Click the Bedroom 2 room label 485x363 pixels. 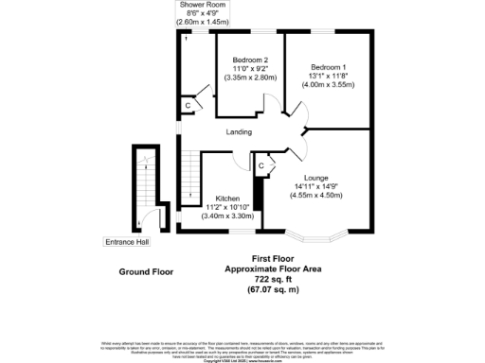251,60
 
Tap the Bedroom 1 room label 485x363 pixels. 328,66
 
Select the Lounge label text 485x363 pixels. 315,177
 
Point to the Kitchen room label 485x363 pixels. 227,199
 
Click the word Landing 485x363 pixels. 239,132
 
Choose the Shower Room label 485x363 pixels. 204,5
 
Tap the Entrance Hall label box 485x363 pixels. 126,242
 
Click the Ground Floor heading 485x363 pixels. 146,272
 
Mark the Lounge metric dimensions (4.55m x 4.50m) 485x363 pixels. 315,196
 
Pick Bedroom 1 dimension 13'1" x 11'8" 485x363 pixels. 328,76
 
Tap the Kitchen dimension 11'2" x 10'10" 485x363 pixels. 227,208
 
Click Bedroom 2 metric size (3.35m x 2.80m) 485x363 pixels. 251,78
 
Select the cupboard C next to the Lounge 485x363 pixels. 261,166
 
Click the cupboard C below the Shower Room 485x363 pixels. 188,105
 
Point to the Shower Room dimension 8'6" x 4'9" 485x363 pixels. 204,12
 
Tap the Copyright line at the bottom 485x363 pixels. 242,360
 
